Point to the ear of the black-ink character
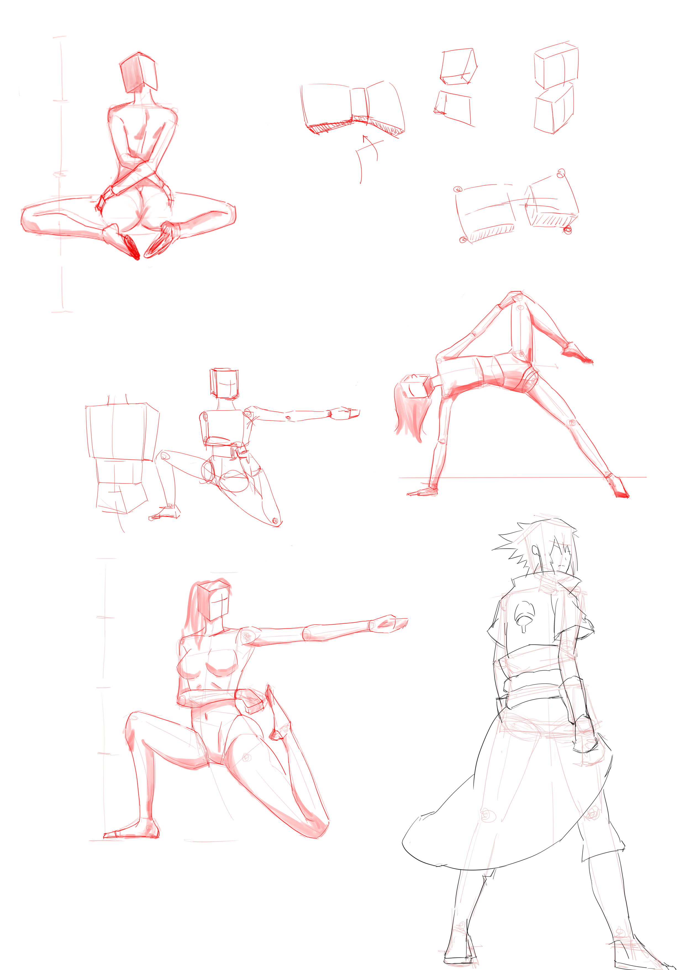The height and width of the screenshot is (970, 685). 536,551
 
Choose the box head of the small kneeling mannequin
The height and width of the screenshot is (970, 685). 224,383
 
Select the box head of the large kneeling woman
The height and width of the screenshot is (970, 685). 214,600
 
